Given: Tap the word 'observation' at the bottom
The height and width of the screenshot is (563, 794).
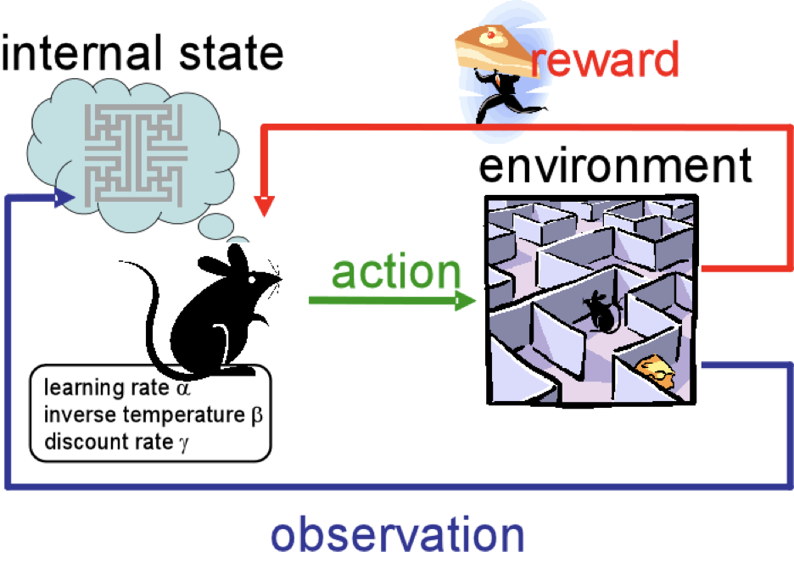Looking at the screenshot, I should (x=397, y=535).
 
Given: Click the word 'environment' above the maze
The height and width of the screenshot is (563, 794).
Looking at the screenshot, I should (x=614, y=166).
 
